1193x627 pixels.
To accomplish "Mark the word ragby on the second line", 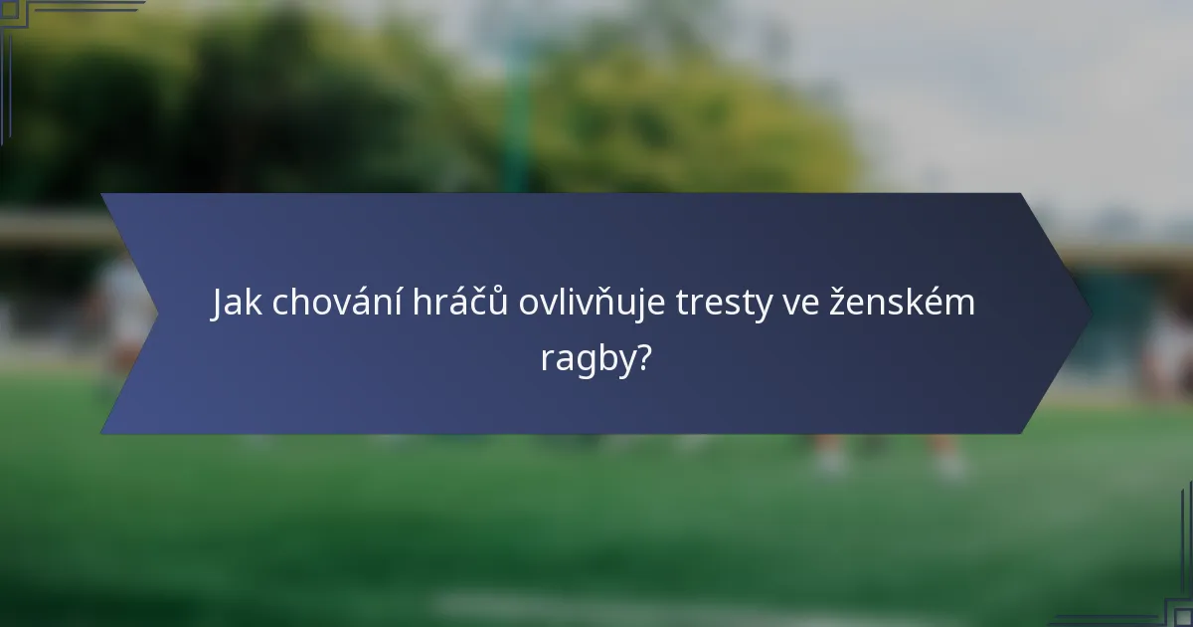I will tap(587, 358).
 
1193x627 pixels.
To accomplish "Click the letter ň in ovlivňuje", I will tap(608, 305).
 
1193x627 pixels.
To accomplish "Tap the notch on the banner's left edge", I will tap(155, 313).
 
